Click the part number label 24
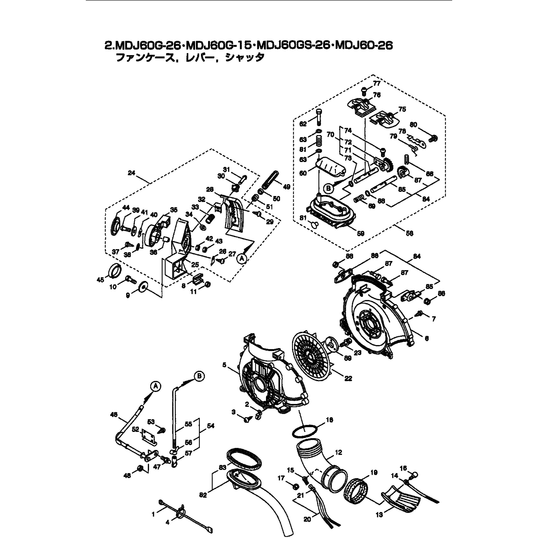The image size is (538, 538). point(132,173)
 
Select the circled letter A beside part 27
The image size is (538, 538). point(242,259)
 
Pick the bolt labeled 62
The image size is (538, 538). point(319,117)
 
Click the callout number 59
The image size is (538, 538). point(360,233)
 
